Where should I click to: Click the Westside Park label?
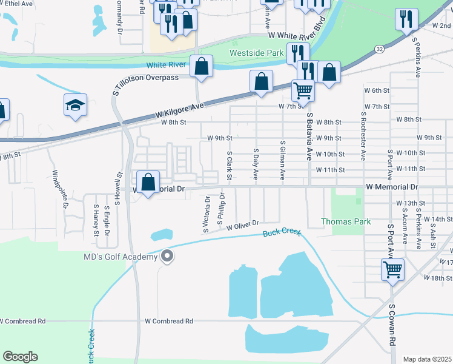257,53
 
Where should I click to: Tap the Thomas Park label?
346,221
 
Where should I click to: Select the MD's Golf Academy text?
120,257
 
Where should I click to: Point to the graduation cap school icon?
76,106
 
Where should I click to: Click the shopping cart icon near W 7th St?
303,91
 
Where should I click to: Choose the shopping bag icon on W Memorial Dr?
148,182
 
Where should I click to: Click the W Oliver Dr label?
243,225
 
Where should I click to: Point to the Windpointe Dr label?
61,189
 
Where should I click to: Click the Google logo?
20,357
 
